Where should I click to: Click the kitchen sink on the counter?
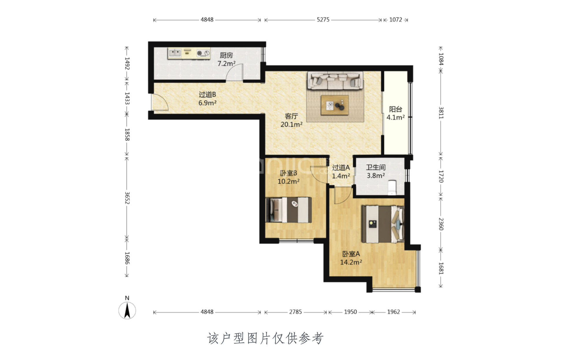coord(175,53)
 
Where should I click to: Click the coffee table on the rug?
coord(335,105)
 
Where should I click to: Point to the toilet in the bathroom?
coord(392,187)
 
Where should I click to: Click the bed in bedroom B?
coord(289,210)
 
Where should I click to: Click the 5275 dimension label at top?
coord(323,20)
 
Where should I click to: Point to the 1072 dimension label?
coord(396,20)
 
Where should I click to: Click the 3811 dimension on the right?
coord(441,113)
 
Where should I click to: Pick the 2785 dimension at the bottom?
coord(295,312)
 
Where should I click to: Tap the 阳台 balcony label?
coord(396,109)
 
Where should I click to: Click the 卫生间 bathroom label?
coord(376,167)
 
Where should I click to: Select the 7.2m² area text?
coord(226,64)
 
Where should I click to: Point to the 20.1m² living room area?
coord(291,125)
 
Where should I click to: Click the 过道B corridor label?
coord(207,94)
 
